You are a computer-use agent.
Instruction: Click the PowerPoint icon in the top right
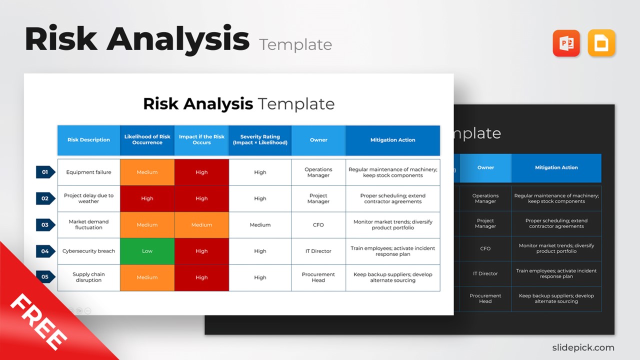pos(566,43)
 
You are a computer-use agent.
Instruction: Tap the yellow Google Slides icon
pos(601,43)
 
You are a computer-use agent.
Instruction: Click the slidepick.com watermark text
pos(583,347)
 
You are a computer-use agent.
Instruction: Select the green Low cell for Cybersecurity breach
pos(147,251)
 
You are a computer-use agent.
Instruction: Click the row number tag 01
pos(45,172)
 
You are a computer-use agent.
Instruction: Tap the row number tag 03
pos(45,225)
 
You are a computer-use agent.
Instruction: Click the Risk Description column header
pos(88,140)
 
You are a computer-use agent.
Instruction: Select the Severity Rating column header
pos(260,140)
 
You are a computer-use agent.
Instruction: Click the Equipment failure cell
pos(88,172)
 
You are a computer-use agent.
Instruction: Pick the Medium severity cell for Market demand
pos(260,225)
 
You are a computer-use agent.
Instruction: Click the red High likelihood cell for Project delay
pos(147,198)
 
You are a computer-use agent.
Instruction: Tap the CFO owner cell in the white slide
pos(318,225)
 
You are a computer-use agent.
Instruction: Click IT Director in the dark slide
pos(485,273)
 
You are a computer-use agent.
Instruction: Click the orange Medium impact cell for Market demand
pos(201,225)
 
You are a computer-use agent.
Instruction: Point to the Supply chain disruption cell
pos(88,277)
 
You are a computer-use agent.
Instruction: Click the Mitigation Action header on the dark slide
pos(556,168)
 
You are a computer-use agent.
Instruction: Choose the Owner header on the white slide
pos(318,140)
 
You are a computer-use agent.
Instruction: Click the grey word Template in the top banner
pos(295,44)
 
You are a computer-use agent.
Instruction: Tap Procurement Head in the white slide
pos(318,277)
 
